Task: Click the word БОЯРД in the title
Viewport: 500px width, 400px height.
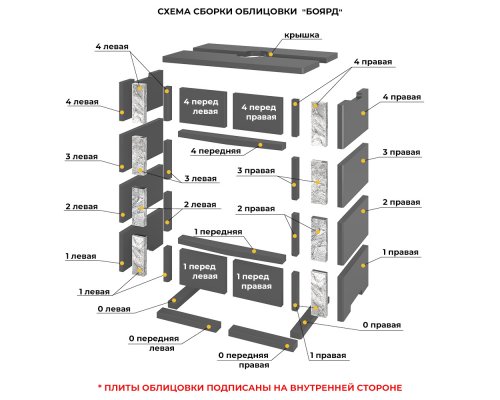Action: pyautogui.click(x=323, y=12)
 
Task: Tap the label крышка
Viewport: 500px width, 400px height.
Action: pyautogui.click(x=302, y=35)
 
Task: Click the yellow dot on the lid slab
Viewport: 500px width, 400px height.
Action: pyautogui.click(x=271, y=54)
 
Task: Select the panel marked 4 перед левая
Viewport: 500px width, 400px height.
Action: pyautogui.click(x=203, y=107)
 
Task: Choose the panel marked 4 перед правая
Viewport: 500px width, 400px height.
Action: pyautogui.click(x=258, y=112)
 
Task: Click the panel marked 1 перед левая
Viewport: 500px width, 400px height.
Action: pyautogui.click(x=203, y=271)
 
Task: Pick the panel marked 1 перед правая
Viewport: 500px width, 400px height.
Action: pyautogui.click(x=258, y=282)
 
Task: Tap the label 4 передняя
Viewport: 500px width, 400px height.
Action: pyautogui.click(x=215, y=151)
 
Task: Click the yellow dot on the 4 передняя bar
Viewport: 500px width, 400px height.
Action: pyautogui.click(x=260, y=145)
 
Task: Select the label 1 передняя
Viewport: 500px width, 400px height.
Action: pyautogui.click(x=218, y=232)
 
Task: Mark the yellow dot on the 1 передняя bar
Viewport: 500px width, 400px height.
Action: pyautogui.click(x=254, y=251)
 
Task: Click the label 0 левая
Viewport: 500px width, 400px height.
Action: pyautogui.click(x=114, y=309)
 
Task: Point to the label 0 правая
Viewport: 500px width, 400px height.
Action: pyautogui.click(x=382, y=325)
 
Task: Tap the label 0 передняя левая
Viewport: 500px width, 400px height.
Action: pyautogui.click(x=154, y=343)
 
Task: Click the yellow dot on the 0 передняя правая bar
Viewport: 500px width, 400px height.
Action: pyautogui.click(x=287, y=346)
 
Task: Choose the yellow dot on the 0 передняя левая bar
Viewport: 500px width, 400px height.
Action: pyautogui.click(x=209, y=327)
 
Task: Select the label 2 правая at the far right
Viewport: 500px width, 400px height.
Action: pyautogui.click(x=401, y=202)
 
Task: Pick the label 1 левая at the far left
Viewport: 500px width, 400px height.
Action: pyautogui.click(x=81, y=256)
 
